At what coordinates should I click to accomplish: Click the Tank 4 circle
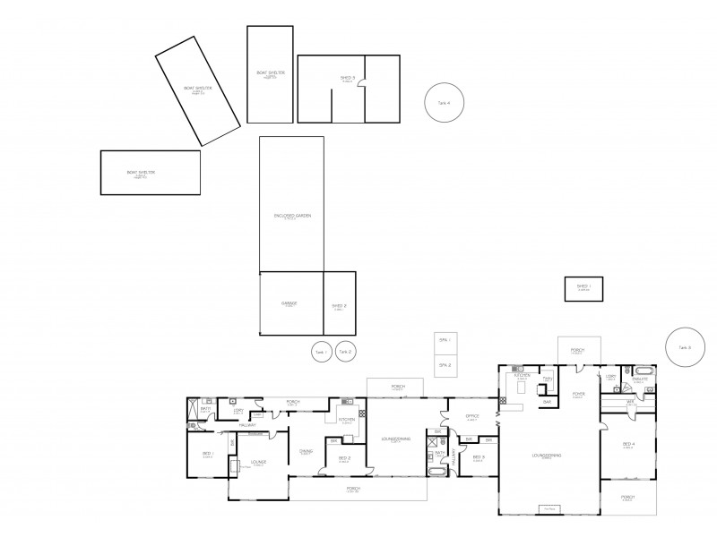[449, 103]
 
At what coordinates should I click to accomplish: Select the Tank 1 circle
[321, 353]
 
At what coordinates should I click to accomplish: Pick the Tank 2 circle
[346, 353]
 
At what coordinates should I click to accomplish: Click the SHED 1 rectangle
[583, 288]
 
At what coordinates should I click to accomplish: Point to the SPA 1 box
[444, 341]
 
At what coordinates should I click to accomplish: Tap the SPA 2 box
[444, 365]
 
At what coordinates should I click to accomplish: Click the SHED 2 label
[339, 305]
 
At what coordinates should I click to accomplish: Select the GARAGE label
[289, 303]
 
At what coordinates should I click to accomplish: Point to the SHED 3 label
[347, 79]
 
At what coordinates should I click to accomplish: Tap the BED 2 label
[344, 458]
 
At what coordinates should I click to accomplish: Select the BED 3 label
[479, 457]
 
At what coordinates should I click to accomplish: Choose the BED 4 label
[629, 444]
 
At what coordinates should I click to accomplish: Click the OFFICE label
[472, 416]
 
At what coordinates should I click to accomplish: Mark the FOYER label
[578, 393]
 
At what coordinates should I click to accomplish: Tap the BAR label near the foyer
[547, 402]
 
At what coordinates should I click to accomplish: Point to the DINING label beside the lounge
[306, 451]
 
